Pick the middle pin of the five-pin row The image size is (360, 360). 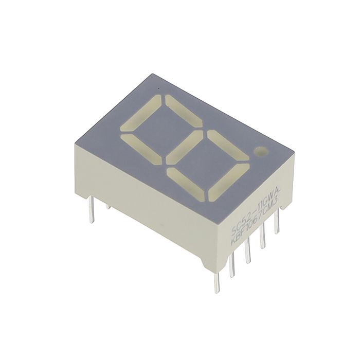click(x=248, y=251)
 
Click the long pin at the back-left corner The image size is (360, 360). click(x=91, y=212)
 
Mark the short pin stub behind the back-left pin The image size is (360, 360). click(x=108, y=206)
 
